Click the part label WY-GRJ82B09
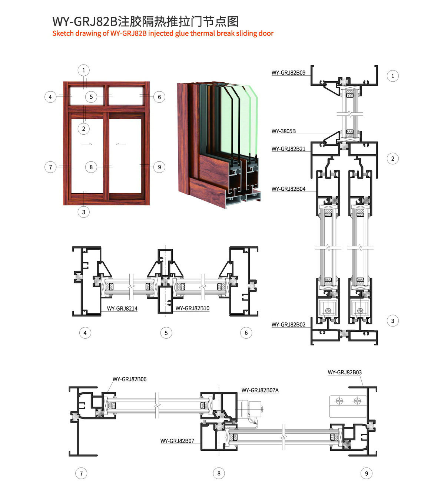[288, 73]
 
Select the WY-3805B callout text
[284, 131]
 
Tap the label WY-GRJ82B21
[288, 149]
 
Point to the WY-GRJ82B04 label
[288, 189]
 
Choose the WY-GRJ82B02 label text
[288, 325]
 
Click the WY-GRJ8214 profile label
[122, 308]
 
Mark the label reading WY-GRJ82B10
[192, 308]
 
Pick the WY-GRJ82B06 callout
[129, 379]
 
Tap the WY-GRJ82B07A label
[260, 390]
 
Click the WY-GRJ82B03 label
[345, 372]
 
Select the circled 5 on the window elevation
[91, 97]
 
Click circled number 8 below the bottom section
[219, 473]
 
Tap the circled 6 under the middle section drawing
[246, 333]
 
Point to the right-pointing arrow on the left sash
[87, 144]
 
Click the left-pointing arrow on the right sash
[121, 144]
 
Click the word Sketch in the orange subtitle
[63, 33]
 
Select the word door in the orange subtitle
[266, 33]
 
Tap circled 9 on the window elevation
[159, 167]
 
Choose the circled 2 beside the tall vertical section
[393, 159]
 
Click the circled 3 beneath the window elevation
[84, 212]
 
